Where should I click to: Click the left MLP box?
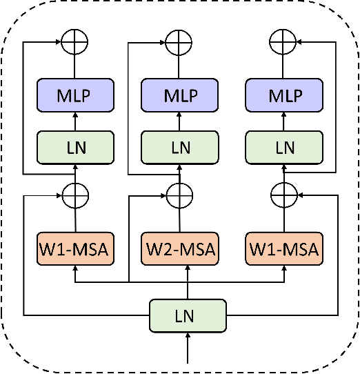[x=74, y=95]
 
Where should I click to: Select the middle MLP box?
[x=179, y=95]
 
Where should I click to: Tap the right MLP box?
[x=284, y=95]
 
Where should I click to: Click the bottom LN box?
[x=188, y=317]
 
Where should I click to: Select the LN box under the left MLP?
[x=74, y=147]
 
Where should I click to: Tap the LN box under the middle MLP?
[x=179, y=147]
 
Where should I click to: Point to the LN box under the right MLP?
[x=284, y=147]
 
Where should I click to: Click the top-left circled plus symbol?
[x=74, y=43]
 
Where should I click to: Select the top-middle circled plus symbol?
[x=179, y=43]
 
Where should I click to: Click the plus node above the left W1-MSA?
[x=74, y=196]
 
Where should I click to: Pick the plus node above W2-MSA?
[x=179, y=196]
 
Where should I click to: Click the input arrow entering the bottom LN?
[x=188, y=348]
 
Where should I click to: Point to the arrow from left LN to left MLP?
[x=74, y=121]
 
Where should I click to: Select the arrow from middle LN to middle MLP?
[x=179, y=121]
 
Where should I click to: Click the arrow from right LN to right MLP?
[x=284, y=121]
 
